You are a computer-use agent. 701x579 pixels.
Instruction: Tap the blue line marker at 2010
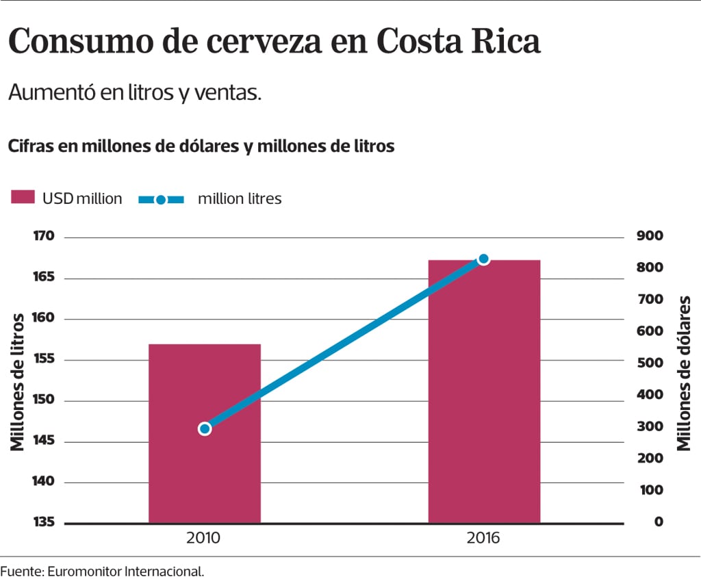click(205, 428)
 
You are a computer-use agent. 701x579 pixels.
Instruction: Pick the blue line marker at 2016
click(483, 259)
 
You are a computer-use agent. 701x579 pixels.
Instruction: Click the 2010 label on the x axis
click(203, 538)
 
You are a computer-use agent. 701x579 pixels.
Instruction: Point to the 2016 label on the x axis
click(483, 538)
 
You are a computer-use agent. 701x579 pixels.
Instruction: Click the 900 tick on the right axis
click(649, 236)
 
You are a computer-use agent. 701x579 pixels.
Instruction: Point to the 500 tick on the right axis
click(649, 363)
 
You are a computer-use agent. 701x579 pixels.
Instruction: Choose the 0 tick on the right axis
click(658, 522)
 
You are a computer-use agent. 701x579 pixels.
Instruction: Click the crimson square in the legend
click(23, 198)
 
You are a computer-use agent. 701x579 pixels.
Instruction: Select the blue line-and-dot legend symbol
click(161, 199)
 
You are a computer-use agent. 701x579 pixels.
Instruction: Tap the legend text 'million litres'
click(240, 199)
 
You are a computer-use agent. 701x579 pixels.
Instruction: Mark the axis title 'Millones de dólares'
click(683, 374)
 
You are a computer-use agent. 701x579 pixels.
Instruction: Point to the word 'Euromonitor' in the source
click(80, 570)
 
